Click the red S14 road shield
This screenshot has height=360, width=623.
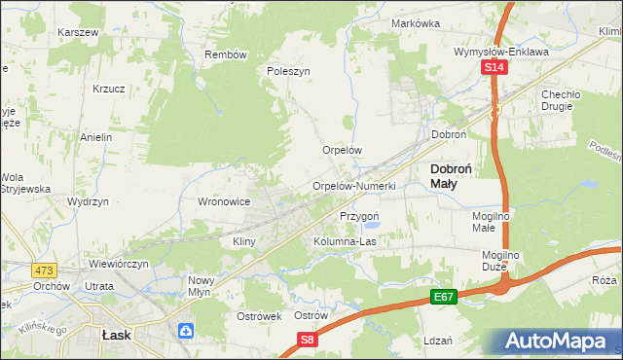(x=495, y=67)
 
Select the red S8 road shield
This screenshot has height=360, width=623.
(x=308, y=340)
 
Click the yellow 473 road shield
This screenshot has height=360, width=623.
(x=44, y=270)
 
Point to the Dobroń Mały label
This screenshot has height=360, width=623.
(x=452, y=175)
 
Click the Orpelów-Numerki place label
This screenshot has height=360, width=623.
(x=353, y=186)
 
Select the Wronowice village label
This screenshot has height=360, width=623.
(x=225, y=201)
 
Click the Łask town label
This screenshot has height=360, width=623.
(x=116, y=333)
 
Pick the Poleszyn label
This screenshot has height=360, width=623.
(x=288, y=71)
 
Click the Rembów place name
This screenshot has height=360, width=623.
(x=226, y=54)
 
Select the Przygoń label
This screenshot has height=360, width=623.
(x=359, y=216)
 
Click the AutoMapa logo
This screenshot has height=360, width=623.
(x=555, y=342)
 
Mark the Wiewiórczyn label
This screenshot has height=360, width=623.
(x=119, y=264)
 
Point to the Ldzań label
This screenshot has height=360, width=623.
(x=438, y=341)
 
